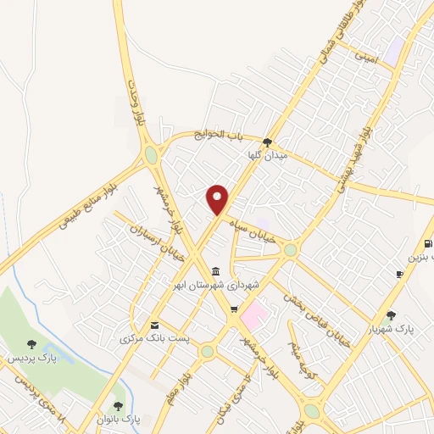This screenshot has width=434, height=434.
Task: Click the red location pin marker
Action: pyautogui.click(x=218, y=199)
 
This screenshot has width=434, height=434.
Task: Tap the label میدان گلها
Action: pyautogui.click(x=268, y=157)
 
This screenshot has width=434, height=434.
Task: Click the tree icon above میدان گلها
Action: pyautogui.click(x=268, y=142)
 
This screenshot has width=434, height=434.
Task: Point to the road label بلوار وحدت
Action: pyautogui.click(x=136, y=102)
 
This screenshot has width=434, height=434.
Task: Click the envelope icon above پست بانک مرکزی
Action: pyautogui.click(x=154, y=325)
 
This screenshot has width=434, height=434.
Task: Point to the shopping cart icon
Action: pyautogui.click(x=234, y=309)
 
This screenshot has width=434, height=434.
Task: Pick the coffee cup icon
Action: pyautogui.click(x=399, y=274)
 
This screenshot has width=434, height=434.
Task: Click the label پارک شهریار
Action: pyautogui.click(x=390, y=328)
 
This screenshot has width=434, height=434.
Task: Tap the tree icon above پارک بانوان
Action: pyautogui.click(x=118, y=406)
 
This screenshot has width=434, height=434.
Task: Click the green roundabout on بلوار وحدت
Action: pyautogui.click(x=151, y=154)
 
